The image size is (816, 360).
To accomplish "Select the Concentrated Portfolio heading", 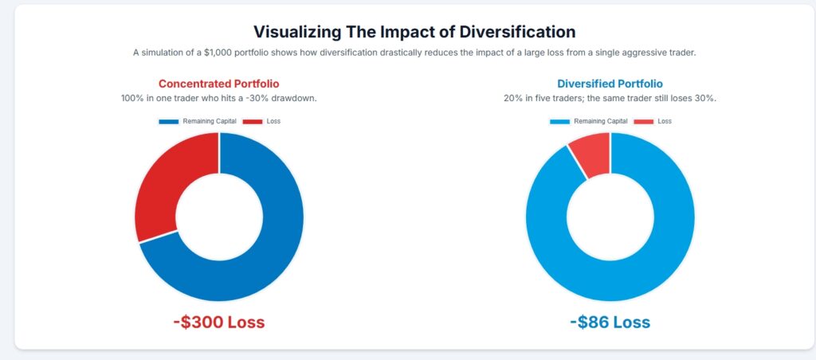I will point(218,83).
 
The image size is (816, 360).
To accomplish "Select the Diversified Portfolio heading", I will point(610,83).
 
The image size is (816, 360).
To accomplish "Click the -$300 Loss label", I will point(218,323).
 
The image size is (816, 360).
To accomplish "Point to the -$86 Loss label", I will point(610,323).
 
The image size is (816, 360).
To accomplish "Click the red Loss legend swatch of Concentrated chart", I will point(252,121).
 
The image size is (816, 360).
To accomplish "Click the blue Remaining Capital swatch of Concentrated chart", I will point(169,121).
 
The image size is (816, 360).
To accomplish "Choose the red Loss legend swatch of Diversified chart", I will point(643,121).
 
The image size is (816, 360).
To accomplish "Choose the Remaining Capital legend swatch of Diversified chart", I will point(559,121).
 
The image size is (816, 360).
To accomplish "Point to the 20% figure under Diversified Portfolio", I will point(513,98).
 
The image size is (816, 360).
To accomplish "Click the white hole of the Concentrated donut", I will point(219,217).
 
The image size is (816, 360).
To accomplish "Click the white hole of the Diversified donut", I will point(610,217).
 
